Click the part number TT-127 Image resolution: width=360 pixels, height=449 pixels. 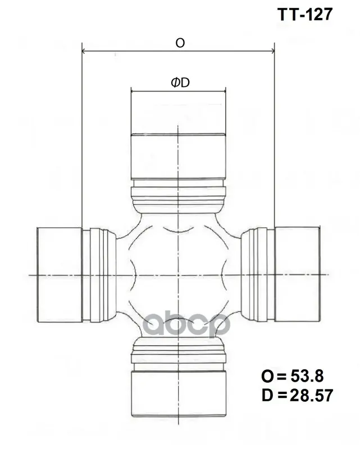(305, 15)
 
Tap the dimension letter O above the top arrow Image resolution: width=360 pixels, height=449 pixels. (180, 43)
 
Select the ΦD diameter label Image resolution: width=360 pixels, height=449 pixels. (180, 83)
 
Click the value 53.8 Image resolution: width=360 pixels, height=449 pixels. (307, 376)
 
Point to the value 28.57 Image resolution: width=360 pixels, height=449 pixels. (311, 396)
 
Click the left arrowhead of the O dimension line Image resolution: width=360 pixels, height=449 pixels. (84, 51)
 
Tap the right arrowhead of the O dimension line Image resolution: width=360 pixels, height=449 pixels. (272, 51)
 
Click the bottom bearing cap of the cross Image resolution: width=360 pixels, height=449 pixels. (179, 394)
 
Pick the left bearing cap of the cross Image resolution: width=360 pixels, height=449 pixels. (60, 274)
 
